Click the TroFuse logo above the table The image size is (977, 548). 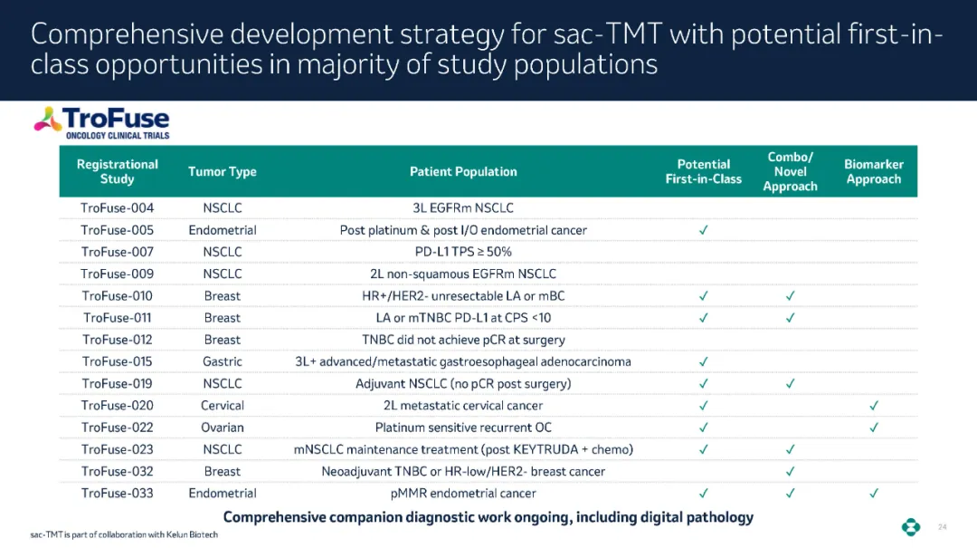[101, 122]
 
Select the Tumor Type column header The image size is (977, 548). [223, 171]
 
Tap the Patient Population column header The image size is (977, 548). [463, 171]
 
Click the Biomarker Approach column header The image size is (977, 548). [874, 171]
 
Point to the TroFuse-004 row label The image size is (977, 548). [117, 207]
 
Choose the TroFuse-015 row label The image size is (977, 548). [117, 361]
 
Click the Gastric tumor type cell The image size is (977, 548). [223, 361]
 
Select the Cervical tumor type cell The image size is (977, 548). [223, 406]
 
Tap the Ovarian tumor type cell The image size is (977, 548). [223, 428]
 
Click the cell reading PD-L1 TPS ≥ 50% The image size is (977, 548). [463, 252]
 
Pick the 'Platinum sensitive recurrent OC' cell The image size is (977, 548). [463, 428]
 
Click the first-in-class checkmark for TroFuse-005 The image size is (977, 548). [704, 230]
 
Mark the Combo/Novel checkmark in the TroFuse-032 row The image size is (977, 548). [790, 471]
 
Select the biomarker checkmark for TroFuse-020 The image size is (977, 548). [874, 406]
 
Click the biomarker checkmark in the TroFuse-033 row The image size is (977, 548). [874, 493]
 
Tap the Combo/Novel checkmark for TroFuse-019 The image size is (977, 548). [790, 384]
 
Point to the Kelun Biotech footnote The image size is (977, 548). [124, 535]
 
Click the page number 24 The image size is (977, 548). [942, 527]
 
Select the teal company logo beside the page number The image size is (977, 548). [911, 527]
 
